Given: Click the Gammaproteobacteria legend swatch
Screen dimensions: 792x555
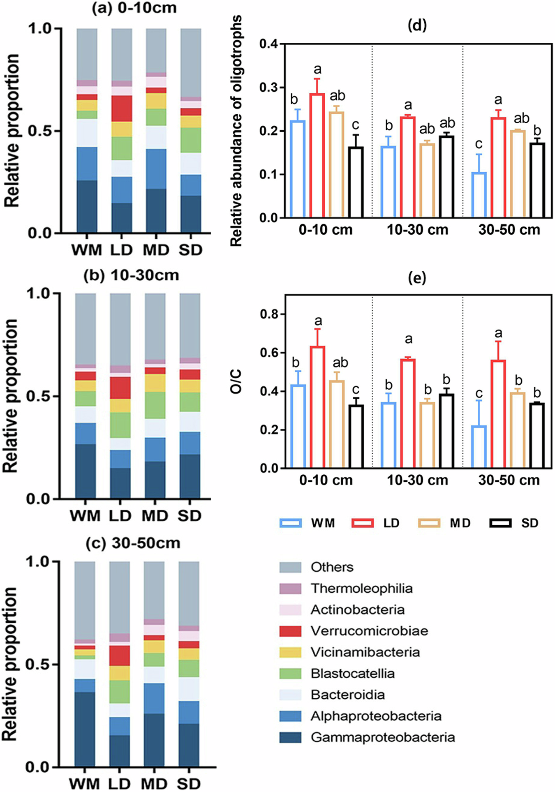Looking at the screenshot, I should pyautogui.click(x=290, y=737).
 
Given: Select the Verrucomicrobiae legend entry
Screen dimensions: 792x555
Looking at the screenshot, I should pyautogui.click(x=369, y=631).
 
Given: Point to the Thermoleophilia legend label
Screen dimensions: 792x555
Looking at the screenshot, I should pyautogui.click(x=361, y=588).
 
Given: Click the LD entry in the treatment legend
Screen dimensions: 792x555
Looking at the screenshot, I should pyautogui.click(x=391, y=523).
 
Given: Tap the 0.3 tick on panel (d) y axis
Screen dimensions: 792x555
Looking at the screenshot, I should pyautogui.click(x=269, y=88).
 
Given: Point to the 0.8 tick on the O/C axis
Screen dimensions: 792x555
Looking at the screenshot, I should pyautogui.click(x=269, y=314).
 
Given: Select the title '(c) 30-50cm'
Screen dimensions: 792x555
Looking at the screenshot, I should pyautogui.click(x=133, y=543).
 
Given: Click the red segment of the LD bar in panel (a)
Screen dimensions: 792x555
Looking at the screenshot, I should pyautogui.click(x=122, y=109).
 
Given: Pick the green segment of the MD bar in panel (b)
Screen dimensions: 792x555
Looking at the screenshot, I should pyautogui.click(x=155, y=405).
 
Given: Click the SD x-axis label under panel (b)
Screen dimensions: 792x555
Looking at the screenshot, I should pyautogui.click(x=190, y=515).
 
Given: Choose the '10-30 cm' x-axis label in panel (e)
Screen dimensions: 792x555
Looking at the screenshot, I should pyautogui.click(x=417, y=480).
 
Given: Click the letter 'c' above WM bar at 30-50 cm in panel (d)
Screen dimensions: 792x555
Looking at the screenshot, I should pyautogui.click(x=479, y=144).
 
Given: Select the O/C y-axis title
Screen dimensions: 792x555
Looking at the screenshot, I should pyautogui.click(x=236, y=382).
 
